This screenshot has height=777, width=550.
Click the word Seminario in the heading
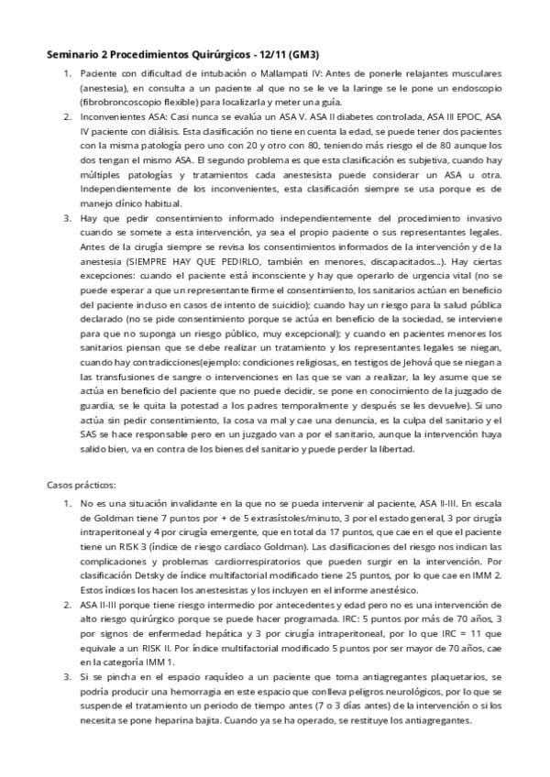(77, 55)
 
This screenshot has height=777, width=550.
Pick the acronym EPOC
(469, 118)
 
